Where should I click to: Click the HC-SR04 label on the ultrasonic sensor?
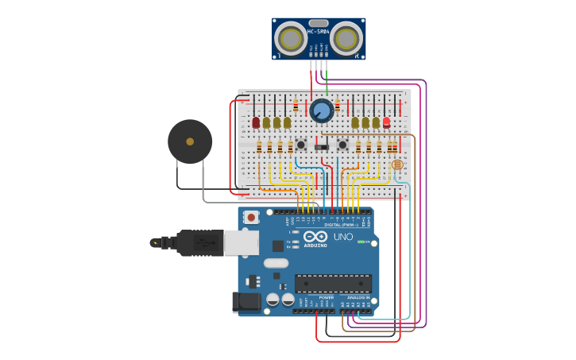(318, 32)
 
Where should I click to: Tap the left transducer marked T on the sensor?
(292, 39)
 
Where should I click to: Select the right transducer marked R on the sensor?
(346, 38)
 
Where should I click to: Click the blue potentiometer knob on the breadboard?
(321, 110)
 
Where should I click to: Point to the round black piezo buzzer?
(190, 141)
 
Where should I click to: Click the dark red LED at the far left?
(256, 122)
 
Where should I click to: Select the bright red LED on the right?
(386, 122)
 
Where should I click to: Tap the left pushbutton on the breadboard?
(301, 145)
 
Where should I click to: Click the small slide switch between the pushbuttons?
(321, 146)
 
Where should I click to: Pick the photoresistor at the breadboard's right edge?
(397, 165)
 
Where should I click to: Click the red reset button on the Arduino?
(251, 216)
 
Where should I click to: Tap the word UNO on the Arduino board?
(342, 236)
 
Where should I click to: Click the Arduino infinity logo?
(315, 237)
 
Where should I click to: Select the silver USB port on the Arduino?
(242, 242)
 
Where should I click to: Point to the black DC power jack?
(245, 302)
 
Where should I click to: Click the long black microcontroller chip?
(333, 284)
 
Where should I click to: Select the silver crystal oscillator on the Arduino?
(276, 263)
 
